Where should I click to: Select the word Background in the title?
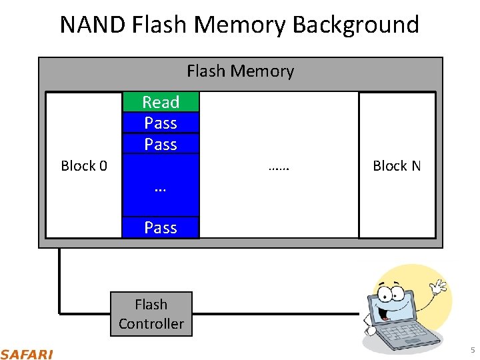(x=356, y=25)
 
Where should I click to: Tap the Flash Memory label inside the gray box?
(x=240, y=71)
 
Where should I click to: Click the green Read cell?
(x=161, y=102)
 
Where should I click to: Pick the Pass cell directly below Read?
(x=161, y=123)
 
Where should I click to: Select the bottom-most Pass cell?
(x=161, y=227)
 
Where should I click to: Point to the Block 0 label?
(x=84, y=166)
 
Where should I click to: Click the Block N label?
(x=397, y=166)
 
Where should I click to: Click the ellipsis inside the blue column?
(x=160, y=189)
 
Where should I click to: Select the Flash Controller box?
(x=151, y=314)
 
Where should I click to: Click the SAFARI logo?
(x=27, y=353)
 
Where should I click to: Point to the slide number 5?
(x=472, y=351)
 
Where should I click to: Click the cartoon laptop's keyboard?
(x=404, y=331)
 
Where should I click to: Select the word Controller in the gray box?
(x=151, y=324)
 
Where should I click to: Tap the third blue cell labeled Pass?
(x=161, y=144)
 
